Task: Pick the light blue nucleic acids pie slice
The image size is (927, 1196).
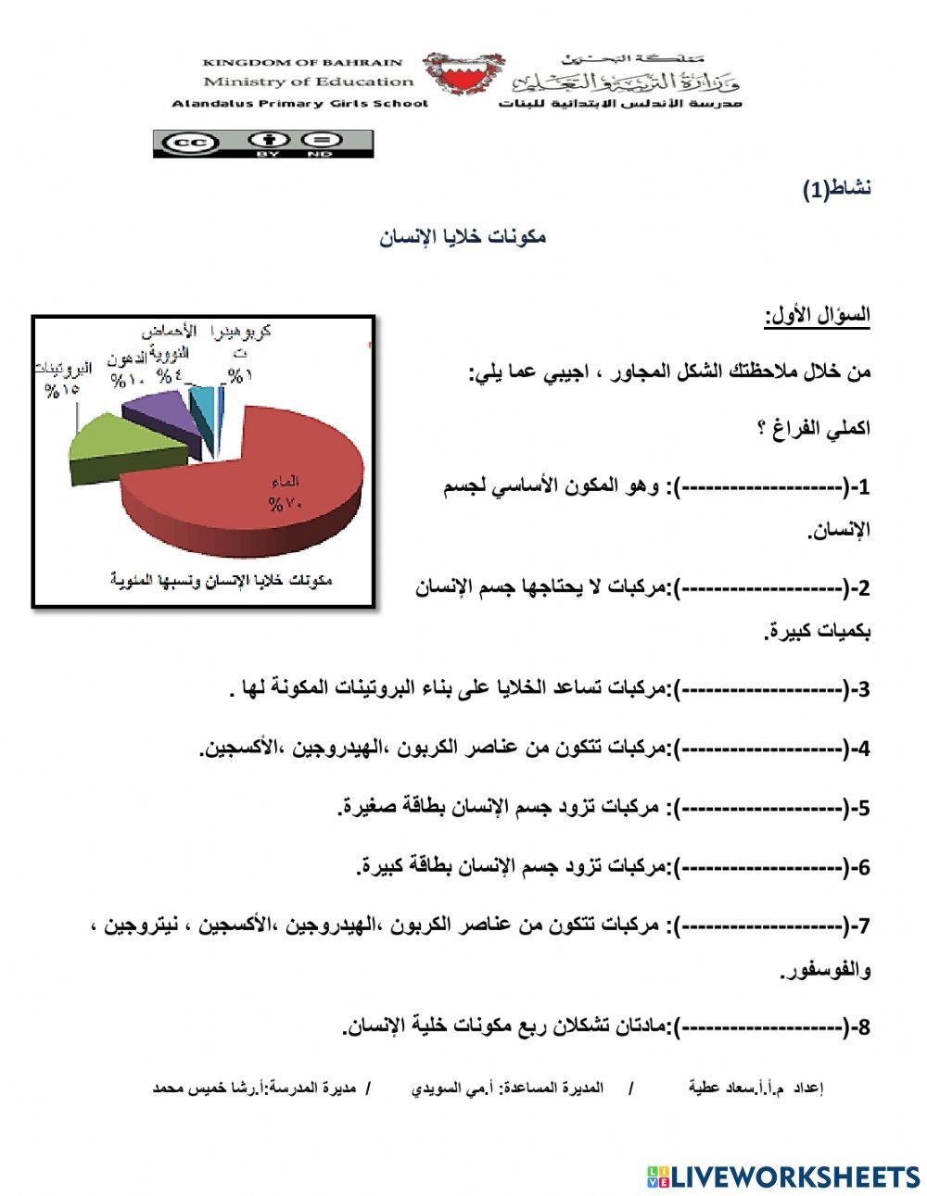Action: (199, 404)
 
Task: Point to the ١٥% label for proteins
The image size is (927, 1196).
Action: (61, 390)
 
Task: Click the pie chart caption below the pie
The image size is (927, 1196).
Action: (221, 581)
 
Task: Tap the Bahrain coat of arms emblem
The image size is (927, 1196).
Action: (463, 74)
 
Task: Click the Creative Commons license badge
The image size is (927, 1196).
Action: (263, 144)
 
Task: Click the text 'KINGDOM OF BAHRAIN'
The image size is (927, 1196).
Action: (302, 63)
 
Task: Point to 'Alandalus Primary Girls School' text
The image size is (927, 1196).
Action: (300, 104)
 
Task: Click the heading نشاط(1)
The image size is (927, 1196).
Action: (836, 190)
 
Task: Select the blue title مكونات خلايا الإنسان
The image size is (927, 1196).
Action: (463, 237)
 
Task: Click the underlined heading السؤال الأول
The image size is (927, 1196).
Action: (818, 316)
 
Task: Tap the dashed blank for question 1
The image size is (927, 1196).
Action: (761, 486)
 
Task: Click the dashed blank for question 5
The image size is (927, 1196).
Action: (761, 809)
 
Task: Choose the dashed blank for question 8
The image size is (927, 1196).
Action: (761, 1027)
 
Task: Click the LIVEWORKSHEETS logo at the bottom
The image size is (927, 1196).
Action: (783, 1177)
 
